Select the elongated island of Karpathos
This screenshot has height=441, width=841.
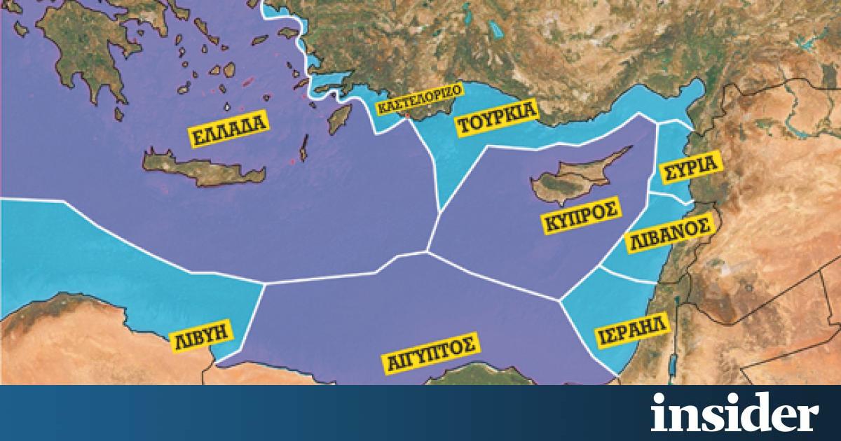[304, 148]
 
